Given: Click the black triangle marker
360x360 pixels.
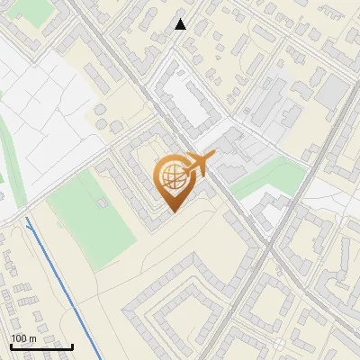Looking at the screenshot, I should (181, 24).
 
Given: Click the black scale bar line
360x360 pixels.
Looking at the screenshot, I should (41, 346).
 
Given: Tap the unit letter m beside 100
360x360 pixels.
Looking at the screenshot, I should (32, 338).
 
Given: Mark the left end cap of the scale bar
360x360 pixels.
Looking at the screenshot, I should (11, 346).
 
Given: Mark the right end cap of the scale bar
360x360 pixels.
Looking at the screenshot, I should (72, 346).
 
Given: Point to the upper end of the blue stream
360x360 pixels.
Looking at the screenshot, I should (28, 219).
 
